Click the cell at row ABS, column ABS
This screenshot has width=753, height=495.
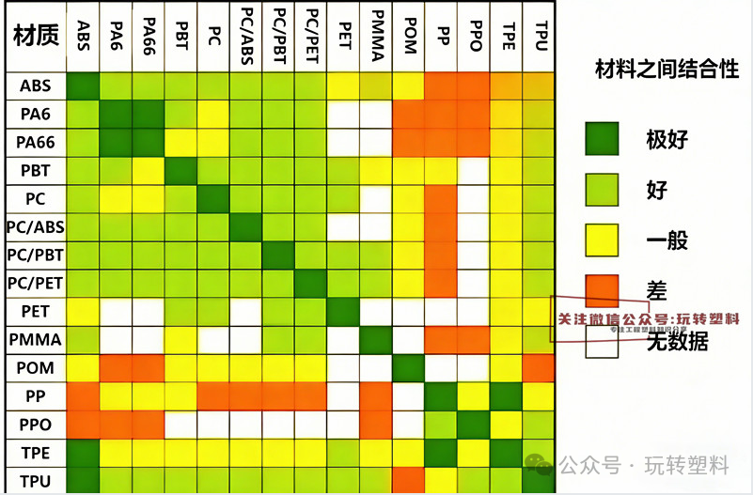(x=83, y=85)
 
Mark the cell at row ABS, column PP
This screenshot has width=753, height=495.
(x=441, y=85)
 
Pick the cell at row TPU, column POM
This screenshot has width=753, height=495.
(x=408, y=480)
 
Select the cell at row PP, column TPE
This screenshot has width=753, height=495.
(x=508, y=395)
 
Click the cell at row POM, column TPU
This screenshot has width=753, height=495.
(x=539, y=367)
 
